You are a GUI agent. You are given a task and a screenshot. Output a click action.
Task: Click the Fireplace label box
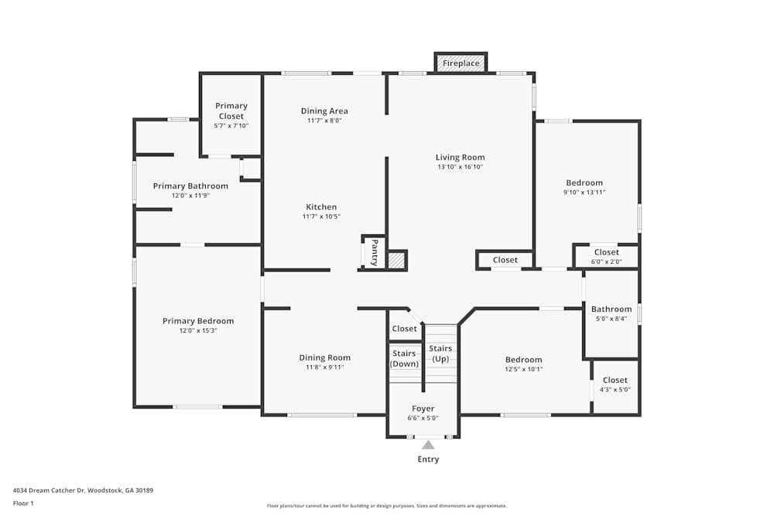[x=461, y=63]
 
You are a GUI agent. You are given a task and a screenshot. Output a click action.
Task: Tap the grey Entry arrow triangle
[x=428, y=444]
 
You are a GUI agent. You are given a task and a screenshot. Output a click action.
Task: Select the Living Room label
[x=460, y=157]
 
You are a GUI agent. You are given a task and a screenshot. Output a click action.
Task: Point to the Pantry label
[x=374, y=252]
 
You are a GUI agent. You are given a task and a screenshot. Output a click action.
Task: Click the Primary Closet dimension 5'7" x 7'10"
[x=231, y=125]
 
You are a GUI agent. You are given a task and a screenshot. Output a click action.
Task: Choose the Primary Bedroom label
[x=198, y=321]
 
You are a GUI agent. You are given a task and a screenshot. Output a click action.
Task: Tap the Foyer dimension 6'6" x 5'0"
[x=423, y=418]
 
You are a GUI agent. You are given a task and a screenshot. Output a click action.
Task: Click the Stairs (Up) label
[x=440, y=354]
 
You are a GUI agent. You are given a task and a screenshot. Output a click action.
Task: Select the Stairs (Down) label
[x=405, y=358]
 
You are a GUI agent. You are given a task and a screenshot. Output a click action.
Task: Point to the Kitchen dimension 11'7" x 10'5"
[x=320, y=217]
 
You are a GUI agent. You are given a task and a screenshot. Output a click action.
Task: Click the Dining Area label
[x=324, y=111]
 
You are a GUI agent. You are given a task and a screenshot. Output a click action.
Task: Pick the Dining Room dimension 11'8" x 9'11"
[x=324, y=367]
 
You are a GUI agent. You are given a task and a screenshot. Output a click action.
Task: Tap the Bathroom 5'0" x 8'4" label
[x=611, y=309]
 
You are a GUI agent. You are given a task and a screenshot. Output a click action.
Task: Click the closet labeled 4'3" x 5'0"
[x=615, y=380]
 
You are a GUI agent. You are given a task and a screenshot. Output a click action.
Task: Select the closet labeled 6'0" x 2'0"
[x=606, y=252]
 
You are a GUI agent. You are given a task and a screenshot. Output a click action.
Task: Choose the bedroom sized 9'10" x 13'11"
[x=584, y=183]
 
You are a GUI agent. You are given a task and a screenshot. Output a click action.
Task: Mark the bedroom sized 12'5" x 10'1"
[x=524, y=360]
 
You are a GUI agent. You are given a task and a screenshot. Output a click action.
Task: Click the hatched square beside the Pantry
[x=396, y=261]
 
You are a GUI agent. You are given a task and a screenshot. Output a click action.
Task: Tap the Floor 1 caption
[x=23, y=503]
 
